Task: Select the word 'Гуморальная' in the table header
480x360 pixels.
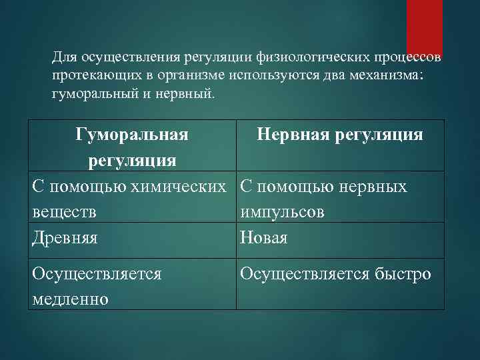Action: tap(131, 135)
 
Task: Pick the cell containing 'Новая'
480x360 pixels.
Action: tap(264, 238)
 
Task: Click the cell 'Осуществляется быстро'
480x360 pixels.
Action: tap(336, 274)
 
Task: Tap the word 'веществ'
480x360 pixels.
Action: tap(64, 212)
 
